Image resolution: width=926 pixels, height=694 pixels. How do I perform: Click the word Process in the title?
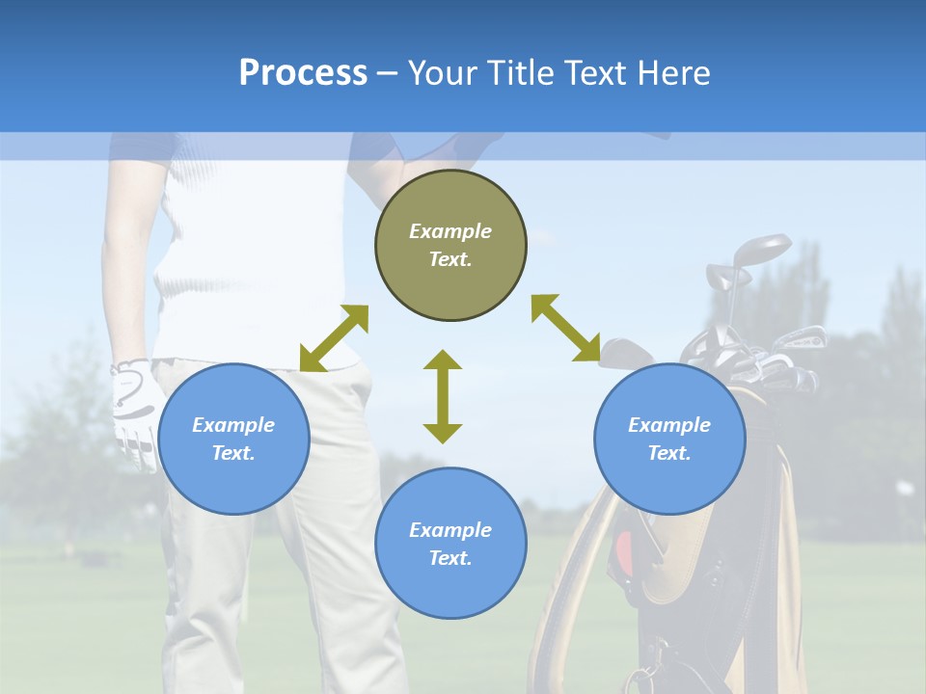click(303, 73)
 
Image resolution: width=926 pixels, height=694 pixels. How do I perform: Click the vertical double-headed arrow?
click(443, 396)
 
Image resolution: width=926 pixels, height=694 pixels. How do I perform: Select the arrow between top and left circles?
click(334, 338)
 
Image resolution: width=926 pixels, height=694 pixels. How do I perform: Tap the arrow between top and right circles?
click(565, 328)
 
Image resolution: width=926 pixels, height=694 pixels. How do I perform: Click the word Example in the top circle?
click(450, 231)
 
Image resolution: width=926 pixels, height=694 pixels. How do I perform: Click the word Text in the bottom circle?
click(449, 558)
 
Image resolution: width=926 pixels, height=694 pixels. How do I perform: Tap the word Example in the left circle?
click(233, 425)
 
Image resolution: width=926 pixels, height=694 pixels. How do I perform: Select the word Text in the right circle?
click(667, 453)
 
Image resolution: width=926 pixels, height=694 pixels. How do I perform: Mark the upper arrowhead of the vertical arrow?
click(443, 360)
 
